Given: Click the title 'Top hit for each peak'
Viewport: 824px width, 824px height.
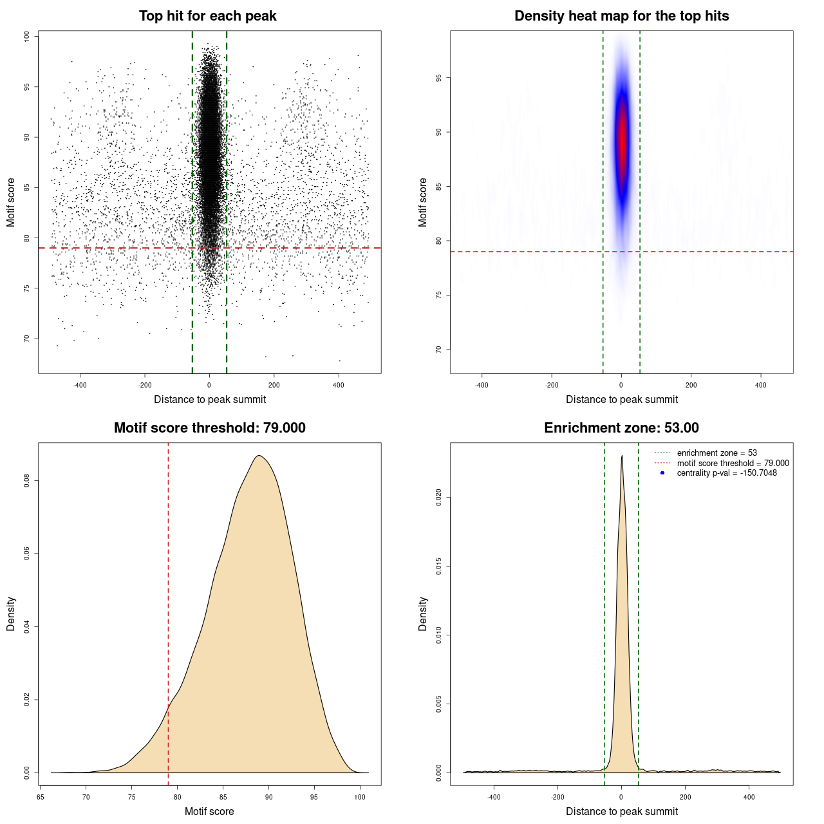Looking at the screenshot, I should [x=208, y=16].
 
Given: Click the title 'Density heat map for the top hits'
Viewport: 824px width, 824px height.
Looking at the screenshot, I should [x=621, y=16].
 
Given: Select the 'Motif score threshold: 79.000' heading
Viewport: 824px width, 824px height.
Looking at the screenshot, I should [x=209, y=428].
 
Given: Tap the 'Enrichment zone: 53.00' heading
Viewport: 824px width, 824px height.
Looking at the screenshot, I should [x=621, y=428].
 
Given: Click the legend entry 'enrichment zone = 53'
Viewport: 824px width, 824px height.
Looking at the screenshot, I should [x=716, y=453].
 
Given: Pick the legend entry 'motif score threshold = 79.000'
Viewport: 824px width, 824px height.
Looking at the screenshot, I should [x=733, y=463].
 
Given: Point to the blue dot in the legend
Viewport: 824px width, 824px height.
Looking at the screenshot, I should [x=662, y=473].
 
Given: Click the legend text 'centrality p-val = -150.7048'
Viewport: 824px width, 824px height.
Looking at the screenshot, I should [x=726, y=473].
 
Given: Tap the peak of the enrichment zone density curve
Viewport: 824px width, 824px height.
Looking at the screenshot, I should [x=622, y=456].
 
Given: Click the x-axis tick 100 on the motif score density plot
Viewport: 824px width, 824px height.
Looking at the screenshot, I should [x=360, y=797].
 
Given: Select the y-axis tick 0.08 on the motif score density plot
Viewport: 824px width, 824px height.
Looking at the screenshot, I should [x=26, y=481].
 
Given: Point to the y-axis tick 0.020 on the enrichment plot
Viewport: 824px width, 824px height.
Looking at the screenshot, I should [x=438, y=497].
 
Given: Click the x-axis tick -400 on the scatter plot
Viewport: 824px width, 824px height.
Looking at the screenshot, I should [x=80, y=385].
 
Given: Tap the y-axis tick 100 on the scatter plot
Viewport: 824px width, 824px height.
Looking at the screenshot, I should [x=26, y=37].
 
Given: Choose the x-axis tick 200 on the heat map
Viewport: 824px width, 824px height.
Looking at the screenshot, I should [x=691, y=385].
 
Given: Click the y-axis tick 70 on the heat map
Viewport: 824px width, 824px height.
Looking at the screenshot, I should [x=438, y=350].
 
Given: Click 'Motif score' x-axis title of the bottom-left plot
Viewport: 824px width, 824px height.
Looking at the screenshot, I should [x=209, y=811].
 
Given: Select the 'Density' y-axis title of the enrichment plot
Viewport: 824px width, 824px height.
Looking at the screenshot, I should [x=423, y=613].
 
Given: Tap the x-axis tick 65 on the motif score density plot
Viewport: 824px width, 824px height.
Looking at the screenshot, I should [x=41, y=797].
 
